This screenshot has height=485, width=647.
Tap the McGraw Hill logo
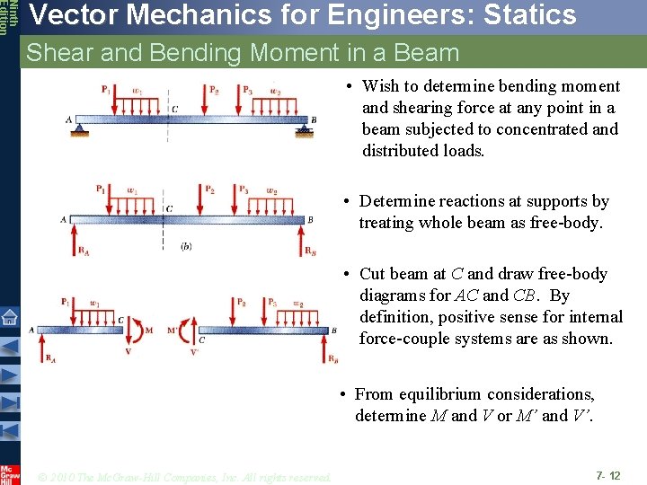[9, 472]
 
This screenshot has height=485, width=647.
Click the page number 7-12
[607, 473]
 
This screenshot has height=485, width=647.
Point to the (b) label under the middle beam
[186, 246]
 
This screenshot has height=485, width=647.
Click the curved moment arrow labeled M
[137, 330]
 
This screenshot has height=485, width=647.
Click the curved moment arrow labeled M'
[187, 330]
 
